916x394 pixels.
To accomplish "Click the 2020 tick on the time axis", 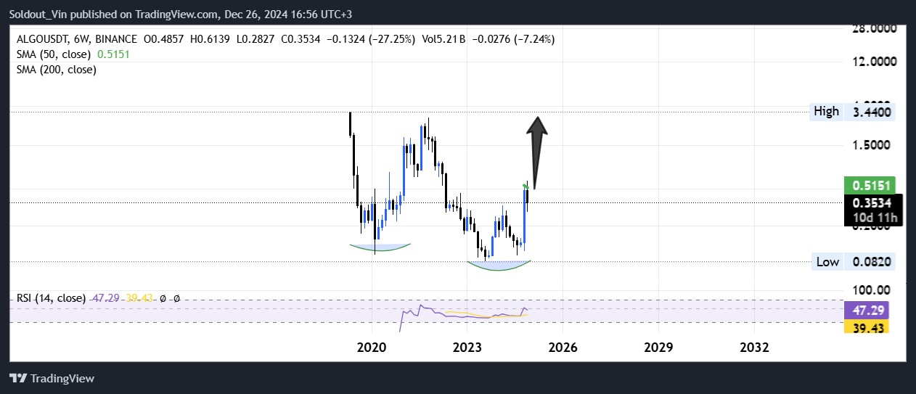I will point(372,347).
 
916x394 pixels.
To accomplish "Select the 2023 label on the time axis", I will point(467,347).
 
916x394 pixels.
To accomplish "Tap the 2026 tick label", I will point(563,347).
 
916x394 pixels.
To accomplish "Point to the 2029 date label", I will point(658,347).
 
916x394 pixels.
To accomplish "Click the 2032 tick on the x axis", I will point(754,347).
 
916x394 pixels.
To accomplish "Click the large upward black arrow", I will point(536,149).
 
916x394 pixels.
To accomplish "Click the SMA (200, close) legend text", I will point(57,70).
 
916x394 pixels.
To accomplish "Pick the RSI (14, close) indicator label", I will point(51,298).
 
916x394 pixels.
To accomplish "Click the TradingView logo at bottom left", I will point(52,378).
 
